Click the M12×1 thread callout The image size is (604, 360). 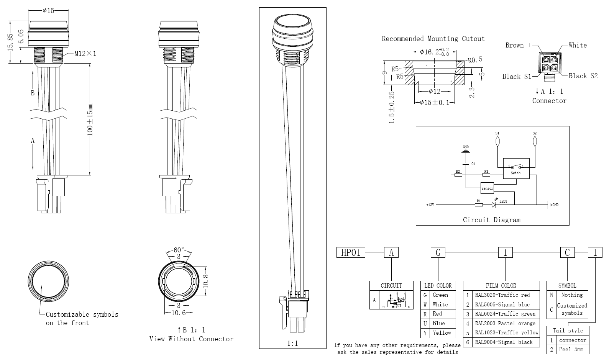pyautogui.click(x=85, y=54)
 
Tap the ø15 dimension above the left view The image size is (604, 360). pyautogui.click(x=48, y=11)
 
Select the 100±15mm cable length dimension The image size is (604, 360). pyautogui.click(x=90, y=119)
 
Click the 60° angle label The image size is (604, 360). pyautogui.click(x=179, y=250)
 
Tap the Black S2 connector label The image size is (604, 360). pyautogui.click(x=583, y=76)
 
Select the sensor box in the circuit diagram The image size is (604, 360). pyautogui.click(x=487, y=188)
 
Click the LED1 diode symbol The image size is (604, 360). pyautogui.click(x=494, y=205)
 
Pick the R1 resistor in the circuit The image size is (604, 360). pyautogui.click(x=479, y=205)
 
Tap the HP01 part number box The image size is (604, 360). pyautogui.click(x=351, y=253)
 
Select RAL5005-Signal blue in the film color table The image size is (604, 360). pyautogui.click(x=502, y=304)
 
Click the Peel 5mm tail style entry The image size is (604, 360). pyautogui.click(x=571, y=349)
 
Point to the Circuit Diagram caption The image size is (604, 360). pyautogui.click(x=492, y=220)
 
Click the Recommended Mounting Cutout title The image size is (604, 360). pyautogui.click(x=433, y=39)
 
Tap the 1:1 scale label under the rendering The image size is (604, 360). pyautogui.click(x=292, y=344)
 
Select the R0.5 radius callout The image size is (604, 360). pyautogui.click(x=475, y=60)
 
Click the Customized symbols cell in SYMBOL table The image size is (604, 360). pyautogui.click(x=571, y=309)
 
